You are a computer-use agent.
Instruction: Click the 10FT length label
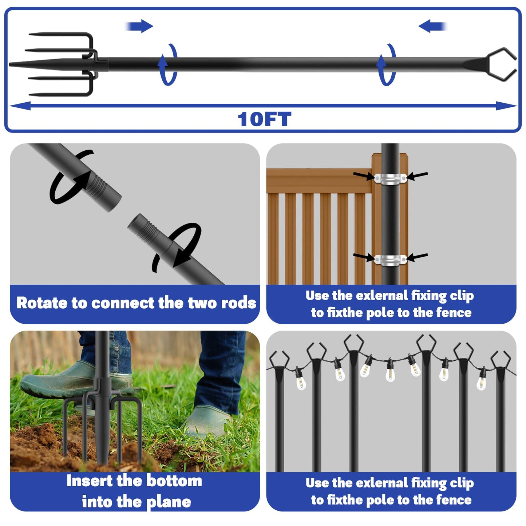[264, 119]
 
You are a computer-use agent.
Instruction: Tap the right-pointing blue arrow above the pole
[140, 26]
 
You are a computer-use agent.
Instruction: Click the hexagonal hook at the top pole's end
[502, 64]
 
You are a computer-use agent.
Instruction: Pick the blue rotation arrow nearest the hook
[386, 65]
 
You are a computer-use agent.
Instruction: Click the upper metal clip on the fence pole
[390, 178]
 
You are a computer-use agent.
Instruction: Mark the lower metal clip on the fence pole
[390, 260]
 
